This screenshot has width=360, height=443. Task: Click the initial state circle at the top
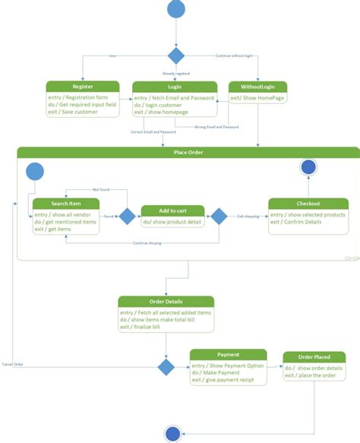175,9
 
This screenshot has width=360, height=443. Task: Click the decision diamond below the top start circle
176,55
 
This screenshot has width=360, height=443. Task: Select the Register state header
83,87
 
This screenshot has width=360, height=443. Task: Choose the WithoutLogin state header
257,87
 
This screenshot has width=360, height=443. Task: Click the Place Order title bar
188,152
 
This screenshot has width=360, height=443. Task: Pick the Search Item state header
65,203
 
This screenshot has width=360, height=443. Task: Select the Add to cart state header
173,210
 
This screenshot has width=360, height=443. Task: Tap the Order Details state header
166,302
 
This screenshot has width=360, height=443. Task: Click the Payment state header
228,354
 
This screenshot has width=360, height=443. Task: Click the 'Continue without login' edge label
238,55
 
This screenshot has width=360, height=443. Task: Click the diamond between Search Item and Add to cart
128,217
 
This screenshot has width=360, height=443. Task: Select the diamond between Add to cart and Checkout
219,217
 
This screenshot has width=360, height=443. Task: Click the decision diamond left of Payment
166,368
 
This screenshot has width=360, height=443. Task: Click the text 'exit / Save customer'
74,112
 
